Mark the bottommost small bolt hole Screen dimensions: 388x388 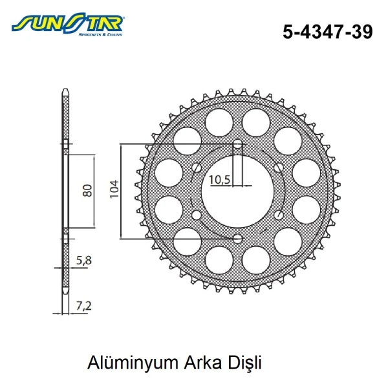pyautogui.click(x=237, y=239)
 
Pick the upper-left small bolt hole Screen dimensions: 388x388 pyautogui.click(x=197, y=167)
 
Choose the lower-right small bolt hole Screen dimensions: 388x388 pyautogui.click(x=278, y=215)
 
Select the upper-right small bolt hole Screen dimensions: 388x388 pyautogui.click(x=278, y=167)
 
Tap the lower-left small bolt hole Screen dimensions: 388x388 pyautogui.click(x=197, y=215)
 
